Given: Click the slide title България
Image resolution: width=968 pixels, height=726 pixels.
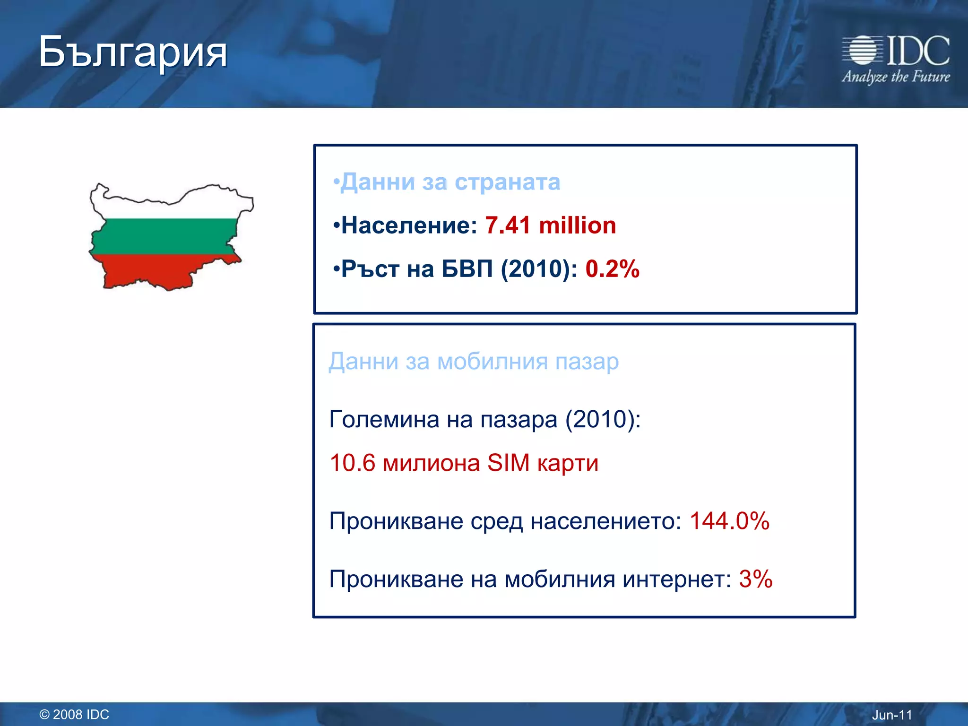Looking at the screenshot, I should pos(133,52).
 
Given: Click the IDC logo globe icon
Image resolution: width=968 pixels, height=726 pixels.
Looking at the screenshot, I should pos(863,50).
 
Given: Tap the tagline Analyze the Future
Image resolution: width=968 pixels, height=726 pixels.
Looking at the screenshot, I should pos(896,77).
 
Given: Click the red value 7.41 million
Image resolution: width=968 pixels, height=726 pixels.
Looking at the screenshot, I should pos(551,225).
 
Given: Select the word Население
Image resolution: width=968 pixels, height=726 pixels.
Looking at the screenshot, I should pos(409,225).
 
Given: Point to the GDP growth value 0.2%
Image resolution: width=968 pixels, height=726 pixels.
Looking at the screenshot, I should pos(612,269).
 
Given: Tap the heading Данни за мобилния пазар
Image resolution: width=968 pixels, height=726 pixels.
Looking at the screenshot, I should pos(474,362).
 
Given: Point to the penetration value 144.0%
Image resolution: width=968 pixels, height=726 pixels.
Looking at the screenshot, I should pos(729,521).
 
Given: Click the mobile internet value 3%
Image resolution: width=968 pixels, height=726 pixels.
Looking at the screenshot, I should pos(755,579).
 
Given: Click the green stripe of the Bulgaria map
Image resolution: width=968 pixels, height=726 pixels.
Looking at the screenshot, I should pos(165,236).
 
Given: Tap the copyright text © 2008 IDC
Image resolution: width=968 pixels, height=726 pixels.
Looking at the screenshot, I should pos(74,714).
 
